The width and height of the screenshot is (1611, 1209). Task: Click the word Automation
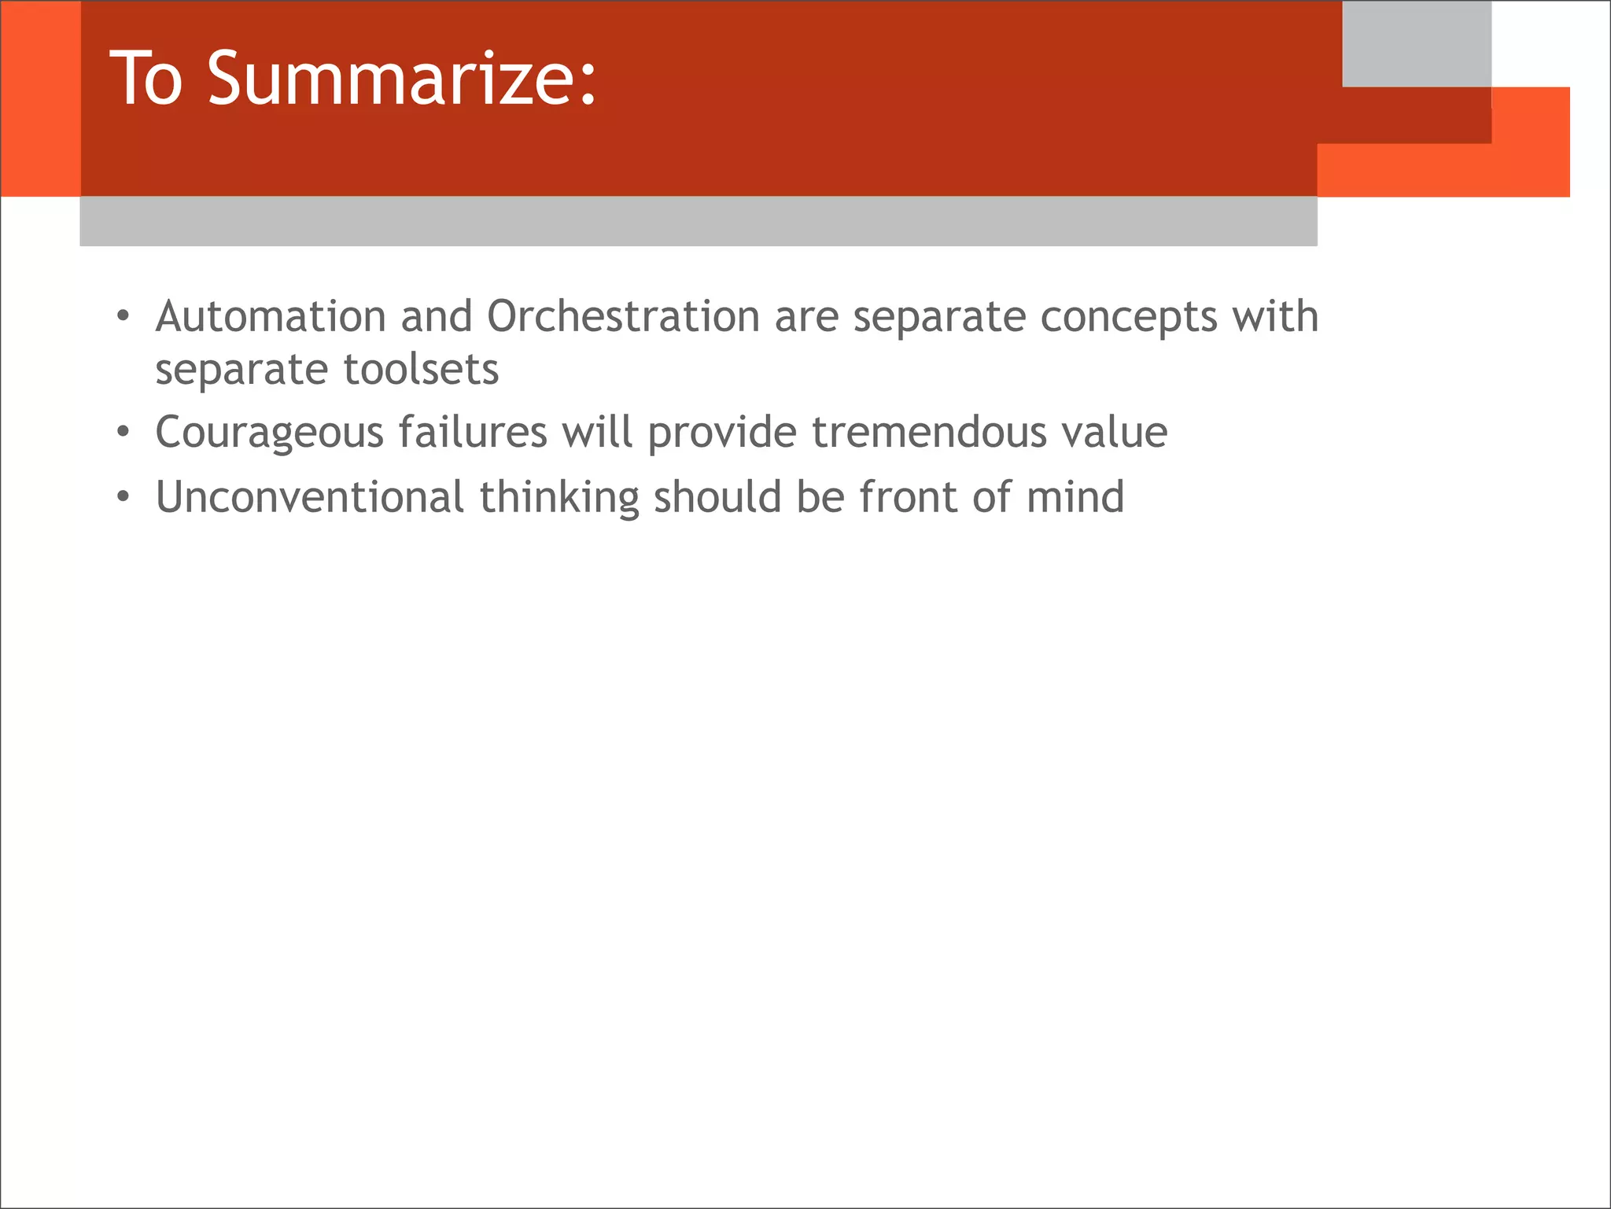270,316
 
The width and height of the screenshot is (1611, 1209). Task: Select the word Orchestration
623,316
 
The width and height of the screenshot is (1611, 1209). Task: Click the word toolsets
421,369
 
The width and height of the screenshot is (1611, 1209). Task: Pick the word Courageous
268,433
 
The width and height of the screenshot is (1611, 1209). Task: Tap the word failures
472,432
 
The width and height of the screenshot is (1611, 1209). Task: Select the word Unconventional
310,497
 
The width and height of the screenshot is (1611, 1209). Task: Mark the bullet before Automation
122,317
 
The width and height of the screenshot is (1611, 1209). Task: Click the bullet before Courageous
122,433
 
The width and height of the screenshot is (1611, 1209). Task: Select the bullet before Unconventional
122,498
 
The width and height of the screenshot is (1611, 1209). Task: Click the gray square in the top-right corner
1416,43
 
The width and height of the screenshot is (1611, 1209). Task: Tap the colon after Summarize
588,83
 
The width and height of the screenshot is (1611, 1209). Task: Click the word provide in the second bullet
722,433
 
